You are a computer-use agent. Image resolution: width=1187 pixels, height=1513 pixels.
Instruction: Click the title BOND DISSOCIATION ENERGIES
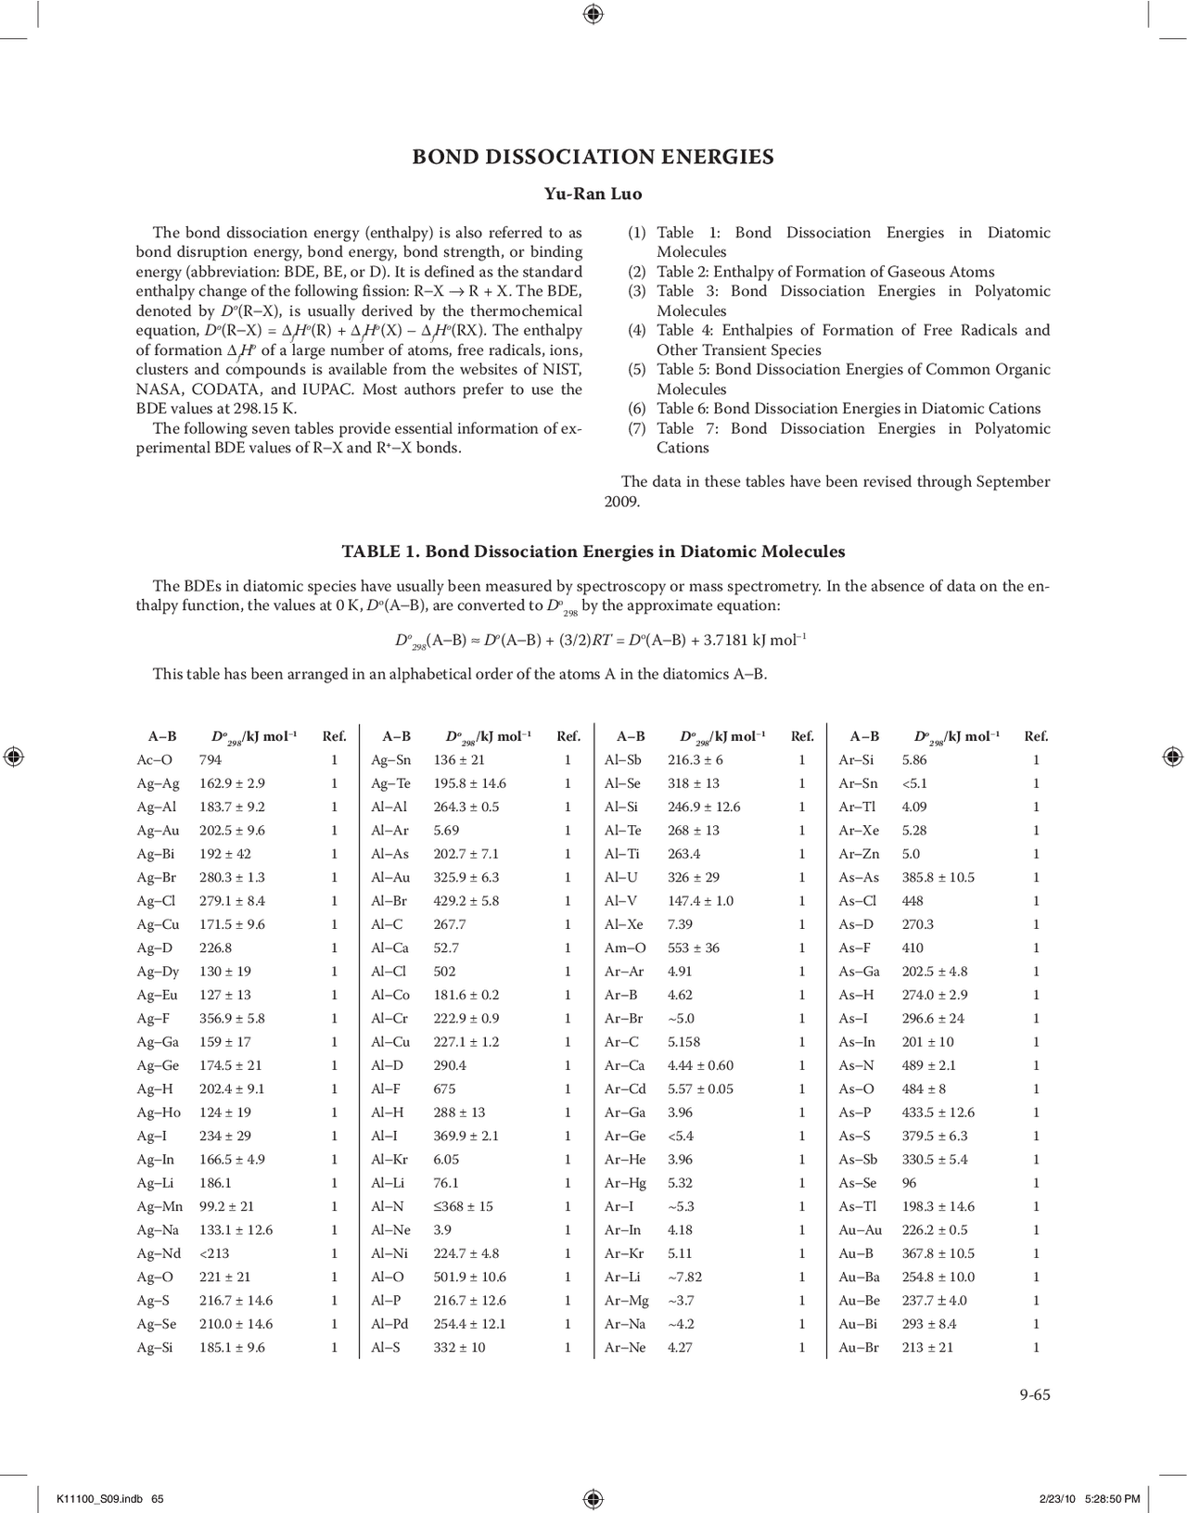593,157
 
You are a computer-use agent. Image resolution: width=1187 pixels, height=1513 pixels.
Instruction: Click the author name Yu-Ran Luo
593,194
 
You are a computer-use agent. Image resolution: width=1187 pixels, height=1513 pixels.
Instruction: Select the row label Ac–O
154,759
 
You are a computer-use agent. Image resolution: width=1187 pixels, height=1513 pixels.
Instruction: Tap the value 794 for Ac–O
211,759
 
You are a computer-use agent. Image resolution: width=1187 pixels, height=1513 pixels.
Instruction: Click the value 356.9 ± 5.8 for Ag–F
232,1018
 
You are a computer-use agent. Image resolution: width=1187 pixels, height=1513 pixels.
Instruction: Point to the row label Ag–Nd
160,1253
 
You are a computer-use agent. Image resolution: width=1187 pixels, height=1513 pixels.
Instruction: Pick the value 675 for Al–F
444,1088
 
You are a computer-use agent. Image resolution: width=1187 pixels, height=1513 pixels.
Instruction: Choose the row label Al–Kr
389,1159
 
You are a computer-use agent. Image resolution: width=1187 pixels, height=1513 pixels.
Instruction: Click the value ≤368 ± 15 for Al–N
463,1206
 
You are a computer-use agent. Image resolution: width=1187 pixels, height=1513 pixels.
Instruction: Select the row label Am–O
625,947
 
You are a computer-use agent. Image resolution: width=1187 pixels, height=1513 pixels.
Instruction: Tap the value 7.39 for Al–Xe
680,924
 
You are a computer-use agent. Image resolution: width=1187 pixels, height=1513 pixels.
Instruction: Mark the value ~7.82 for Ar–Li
684,1277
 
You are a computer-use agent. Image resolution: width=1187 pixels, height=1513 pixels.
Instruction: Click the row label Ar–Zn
859,854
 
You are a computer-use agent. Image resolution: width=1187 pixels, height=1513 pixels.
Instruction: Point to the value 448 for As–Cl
913,900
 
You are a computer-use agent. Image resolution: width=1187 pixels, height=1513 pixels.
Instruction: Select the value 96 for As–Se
909,1183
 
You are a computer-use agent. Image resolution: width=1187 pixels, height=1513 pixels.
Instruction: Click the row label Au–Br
859,1347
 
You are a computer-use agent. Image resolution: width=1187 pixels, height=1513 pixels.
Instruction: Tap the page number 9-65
1035,1394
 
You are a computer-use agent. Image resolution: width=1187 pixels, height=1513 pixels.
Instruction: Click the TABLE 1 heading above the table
593,552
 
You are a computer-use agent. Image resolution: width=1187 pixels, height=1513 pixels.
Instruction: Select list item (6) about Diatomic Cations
835,409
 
